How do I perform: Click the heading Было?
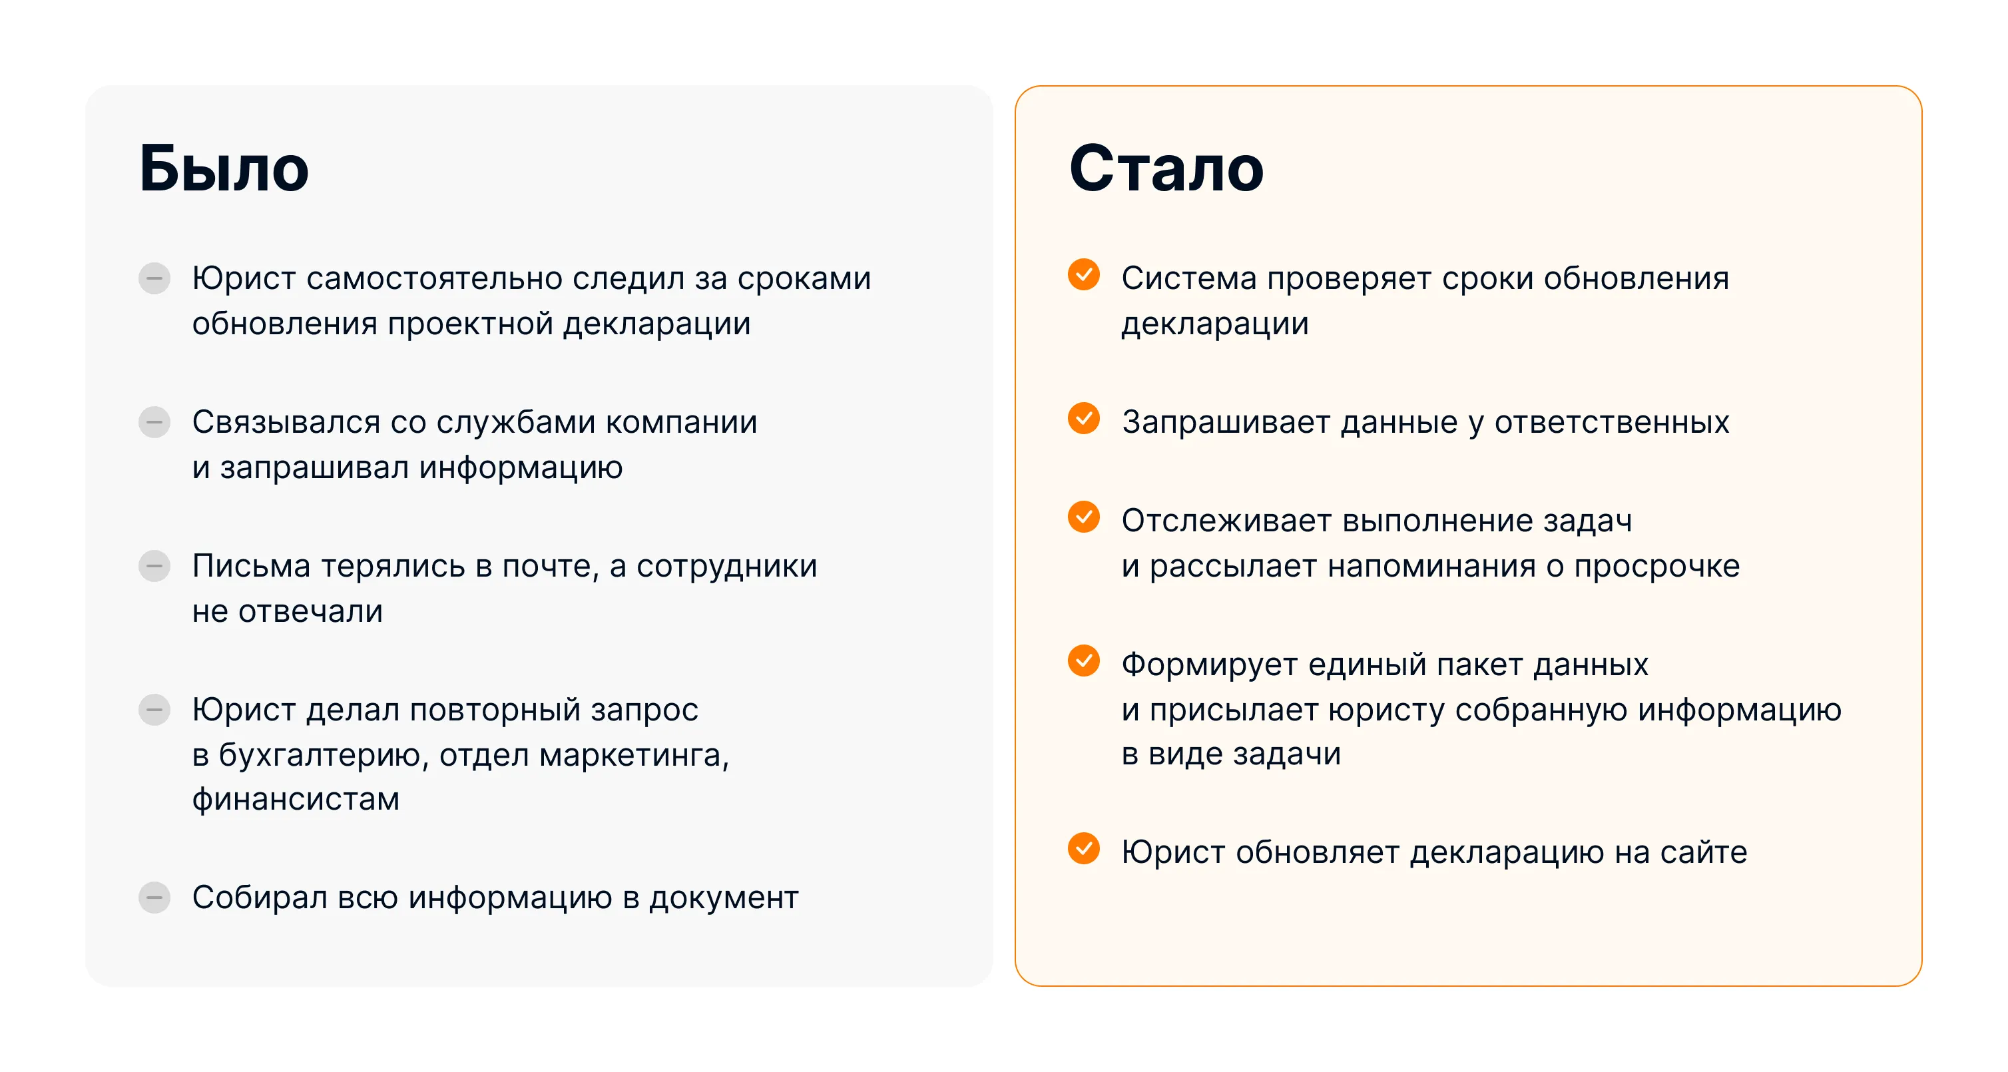click(x=224, y=168)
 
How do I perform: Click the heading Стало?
click(x=1166, y=168)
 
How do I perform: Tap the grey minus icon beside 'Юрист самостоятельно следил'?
click(x=154, y=278)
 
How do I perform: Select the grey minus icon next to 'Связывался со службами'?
click(x=154, y=421)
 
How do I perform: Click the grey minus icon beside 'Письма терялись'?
click(x=154, y=566)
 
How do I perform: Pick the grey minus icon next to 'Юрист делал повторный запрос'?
click(x=154, y=710)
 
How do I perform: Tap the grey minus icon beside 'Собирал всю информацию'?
click(x=154, y=898)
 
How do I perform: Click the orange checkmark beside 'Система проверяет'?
click(x=1083, y=274)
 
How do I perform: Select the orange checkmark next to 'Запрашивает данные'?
click(x=1083, y=418)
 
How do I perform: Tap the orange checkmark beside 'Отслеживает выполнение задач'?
click(x=1083, y=516)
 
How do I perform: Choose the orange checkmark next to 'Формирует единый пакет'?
click(x=1083, y=661)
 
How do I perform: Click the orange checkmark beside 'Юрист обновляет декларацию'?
click(x=1083, y=848)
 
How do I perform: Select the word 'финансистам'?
click(x=296, y=800)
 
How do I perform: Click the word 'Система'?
click(x=1188, y=279)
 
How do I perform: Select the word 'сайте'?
click(x=1703, y=852)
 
